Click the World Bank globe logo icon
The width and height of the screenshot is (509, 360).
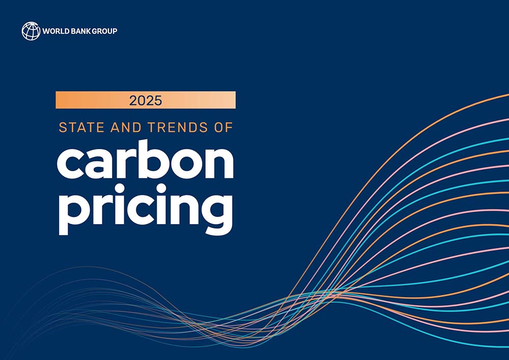tap(31, 31)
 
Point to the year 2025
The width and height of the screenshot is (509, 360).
tap(146, 101)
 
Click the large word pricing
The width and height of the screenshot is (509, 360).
tap(146, 209)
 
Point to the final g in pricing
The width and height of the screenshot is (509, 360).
tap(217, 214)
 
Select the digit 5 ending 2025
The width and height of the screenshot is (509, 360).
tap(158, 101)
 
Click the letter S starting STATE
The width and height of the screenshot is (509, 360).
tap(63, 127)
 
